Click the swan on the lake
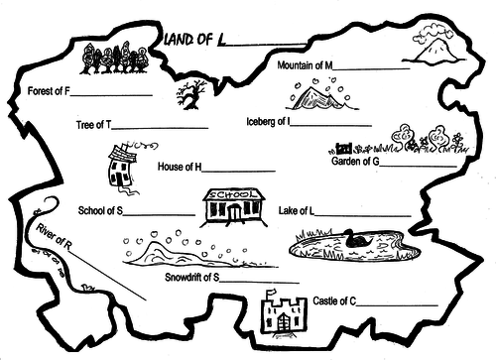pyautogui.click(x=358, y=239)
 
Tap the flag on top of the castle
pyautogui.click(x=271, y=292)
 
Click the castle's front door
pyautogui.click(x=283, y=322)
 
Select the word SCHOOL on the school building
pyautogui.click(x=233, y=194)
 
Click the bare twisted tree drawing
pyautogui.click(x=190, y=95)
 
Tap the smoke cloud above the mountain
pyautogui.click(x=434, y=33)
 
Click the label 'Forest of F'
pyautogui.click(x=49, y=91)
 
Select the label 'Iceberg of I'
pyautogui.click(x=268, y=122)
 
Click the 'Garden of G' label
pyautogui.click(x=355, y=162)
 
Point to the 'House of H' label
pyautogui.click(x=180, y=167)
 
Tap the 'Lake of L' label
pyautogui.click(x=297, y=210)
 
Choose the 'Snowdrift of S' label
pyautogui.click(x=192, y=277)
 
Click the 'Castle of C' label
pyautogui.click(x=334, y=301)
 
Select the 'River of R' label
pyautogui.click(x=54, y=236)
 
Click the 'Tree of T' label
pyautogui.click(x=94, y=125)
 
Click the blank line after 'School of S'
pyautogui.click(x=159, y=215)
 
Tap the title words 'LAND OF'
pyautogui.click(x=188, y=40)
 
